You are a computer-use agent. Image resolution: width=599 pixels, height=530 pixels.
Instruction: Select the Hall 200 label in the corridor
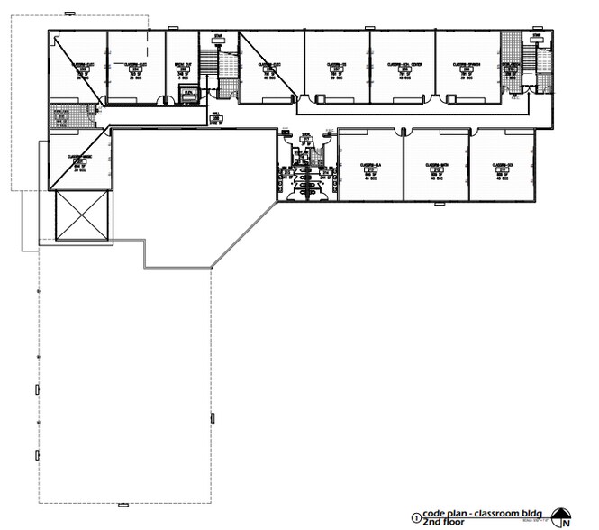tap(217, 115)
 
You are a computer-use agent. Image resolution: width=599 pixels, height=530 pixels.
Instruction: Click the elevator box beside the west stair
tap(189, 93)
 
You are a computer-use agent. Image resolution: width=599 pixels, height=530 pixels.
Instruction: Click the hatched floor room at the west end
tap(66, 115)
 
